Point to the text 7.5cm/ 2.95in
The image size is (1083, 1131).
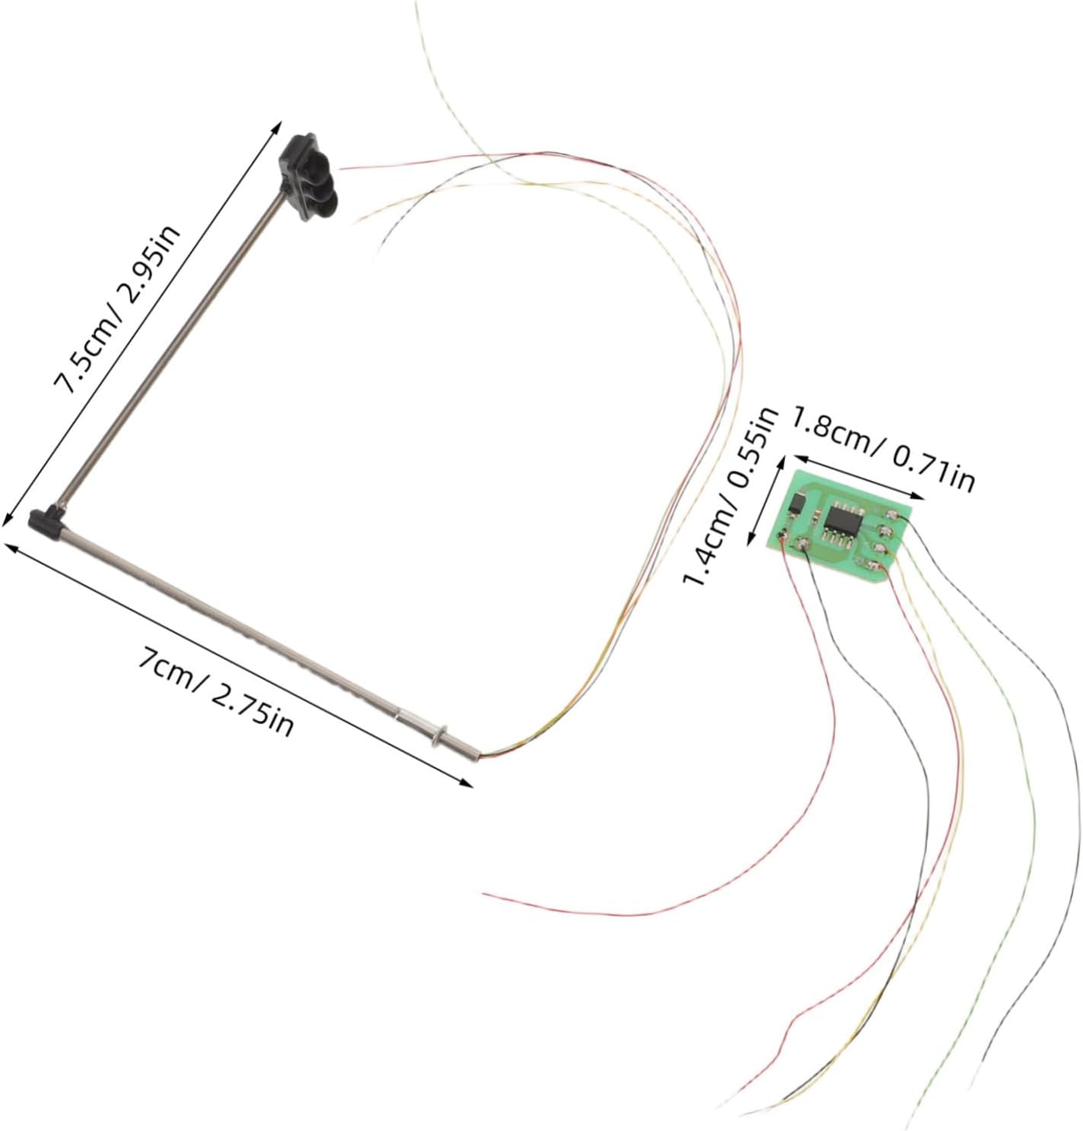click(x=117, y=310)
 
